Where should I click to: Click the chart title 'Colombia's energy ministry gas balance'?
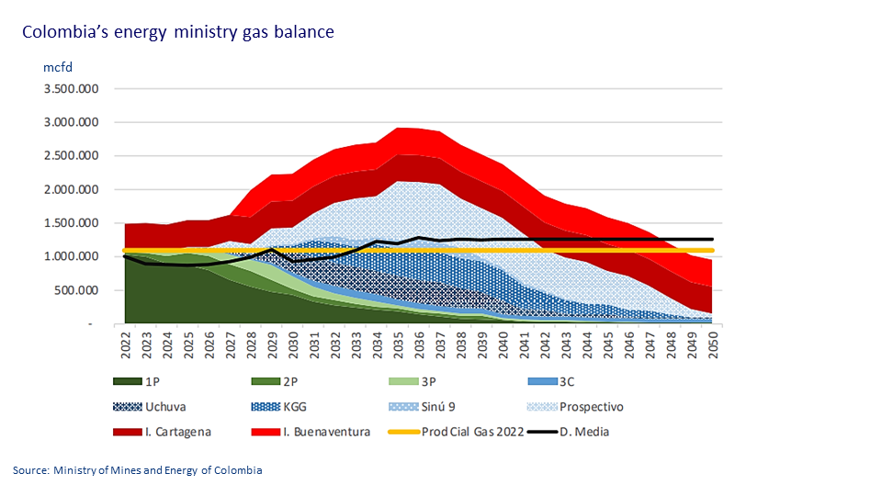[x=179, y=32]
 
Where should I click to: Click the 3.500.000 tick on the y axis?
[x=68, y=89]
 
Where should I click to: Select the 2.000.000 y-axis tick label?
[x=68, y=190]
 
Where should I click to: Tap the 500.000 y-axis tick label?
[x=75, y=290]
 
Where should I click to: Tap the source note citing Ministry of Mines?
[x=138, y=470]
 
